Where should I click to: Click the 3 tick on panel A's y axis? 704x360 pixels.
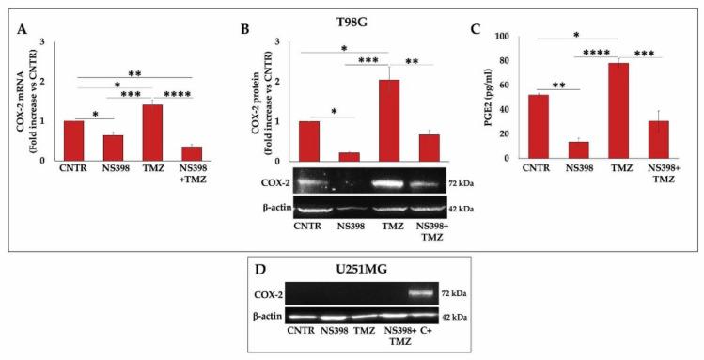coord(44,41)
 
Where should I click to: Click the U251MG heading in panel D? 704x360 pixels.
coord(364,269)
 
